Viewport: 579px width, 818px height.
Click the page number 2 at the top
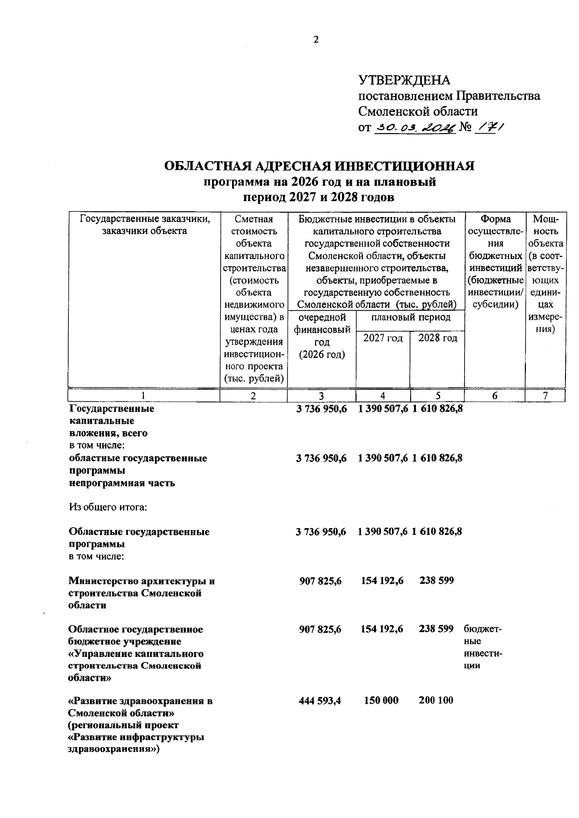pyautogui.click(x=316, y=40)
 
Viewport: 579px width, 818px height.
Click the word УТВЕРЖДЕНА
pyautogui.click(x=404, y=80)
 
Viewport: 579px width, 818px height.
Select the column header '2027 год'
pyautogui.click(x=383, y=338)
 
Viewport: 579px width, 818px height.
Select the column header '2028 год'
pyautogui.click(x=437, y=338)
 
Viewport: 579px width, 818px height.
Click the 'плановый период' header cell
pyautogui.click(x=411, y=317)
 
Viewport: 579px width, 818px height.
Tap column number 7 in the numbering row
pyautogui.click(x=545, y=395)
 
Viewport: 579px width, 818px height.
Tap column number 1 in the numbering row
pyautogui.click(x=143, y=395)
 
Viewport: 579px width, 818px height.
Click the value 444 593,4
pyautogui.click(x=320, y=700)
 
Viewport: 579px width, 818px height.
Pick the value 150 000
pyautogui.click(x=381, y=700)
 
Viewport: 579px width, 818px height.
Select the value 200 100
pyautogui.click(x=436, y=700)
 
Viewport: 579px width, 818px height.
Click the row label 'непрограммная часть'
pyautogui.click(x=122, y=483)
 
